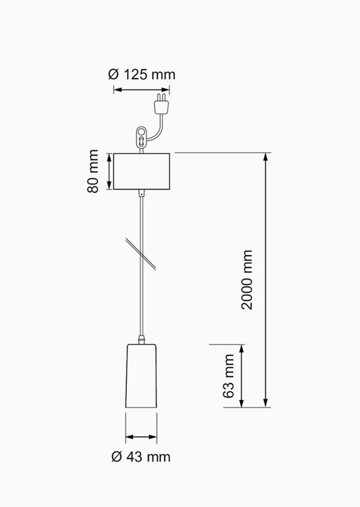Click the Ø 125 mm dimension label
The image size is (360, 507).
pyautogui.click(x=142, y=74)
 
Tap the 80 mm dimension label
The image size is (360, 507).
pyautogui.click(x=93, y=171)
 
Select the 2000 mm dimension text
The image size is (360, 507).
pyautogui.click(x=247, y=279)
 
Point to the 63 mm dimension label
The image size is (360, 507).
pyautogui.click(x=228, y=376)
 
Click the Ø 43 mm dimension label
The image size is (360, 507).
pyautogui.click(x=141, y=456)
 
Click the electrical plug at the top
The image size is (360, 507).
pyautogui.click(x=161, y=104)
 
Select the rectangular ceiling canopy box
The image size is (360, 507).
pyautogui.click(x=142, y=171)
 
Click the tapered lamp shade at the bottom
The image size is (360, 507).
pyautogui.click(x=141, y=376)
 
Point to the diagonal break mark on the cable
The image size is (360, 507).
pyautogui.click(x=141, y=254)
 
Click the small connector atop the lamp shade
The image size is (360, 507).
pyautogui.click(x=141, y=340)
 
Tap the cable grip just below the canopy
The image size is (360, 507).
pyautogui.click(x=141, y=193)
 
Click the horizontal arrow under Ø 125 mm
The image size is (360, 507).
pyautogui.click(x=142, y=89)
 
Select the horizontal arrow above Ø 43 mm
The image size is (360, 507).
pyautogui.click(x=141, y=437)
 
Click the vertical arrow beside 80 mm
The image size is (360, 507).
pyautogui.click(x=109, y=171)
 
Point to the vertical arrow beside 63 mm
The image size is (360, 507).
pyautogui.click(x=241, y=376)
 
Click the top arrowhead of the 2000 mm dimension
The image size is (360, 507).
pyautogui.click(x=266, y=157)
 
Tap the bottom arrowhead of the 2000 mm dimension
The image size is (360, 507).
pyautogui.click(x=266, y=403)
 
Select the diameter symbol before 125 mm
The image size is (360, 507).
pyautogui.click(x=113, y=74)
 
